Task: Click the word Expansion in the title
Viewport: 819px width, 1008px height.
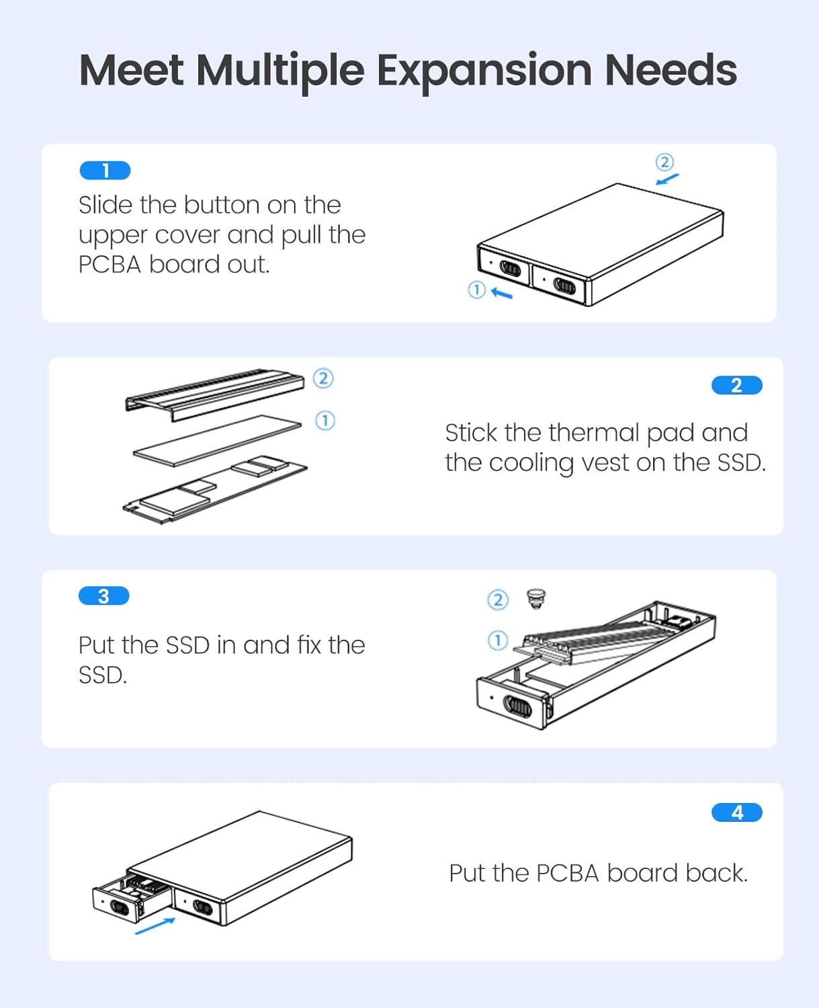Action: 484,71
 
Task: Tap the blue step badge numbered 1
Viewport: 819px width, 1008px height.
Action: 105,171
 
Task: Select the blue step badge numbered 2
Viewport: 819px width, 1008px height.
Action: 736,385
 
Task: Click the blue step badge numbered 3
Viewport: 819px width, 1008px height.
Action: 103,596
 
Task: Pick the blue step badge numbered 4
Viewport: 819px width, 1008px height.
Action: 736,812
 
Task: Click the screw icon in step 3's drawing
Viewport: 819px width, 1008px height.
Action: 535,598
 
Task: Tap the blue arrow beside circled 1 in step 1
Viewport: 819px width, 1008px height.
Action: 502,293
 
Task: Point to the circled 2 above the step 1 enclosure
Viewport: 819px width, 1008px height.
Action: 664,162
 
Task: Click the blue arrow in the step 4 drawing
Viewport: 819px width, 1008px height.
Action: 155,926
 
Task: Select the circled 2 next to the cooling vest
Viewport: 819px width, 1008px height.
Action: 323,378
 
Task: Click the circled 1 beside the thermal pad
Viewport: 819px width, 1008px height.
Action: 325,421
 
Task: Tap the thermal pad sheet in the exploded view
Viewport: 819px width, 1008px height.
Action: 217,440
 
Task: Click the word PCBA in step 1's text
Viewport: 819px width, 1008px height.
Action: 110,265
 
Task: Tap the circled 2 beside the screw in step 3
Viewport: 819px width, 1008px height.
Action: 497,599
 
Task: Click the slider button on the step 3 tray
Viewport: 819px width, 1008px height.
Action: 518,706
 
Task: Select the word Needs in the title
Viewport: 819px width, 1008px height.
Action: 671,71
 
